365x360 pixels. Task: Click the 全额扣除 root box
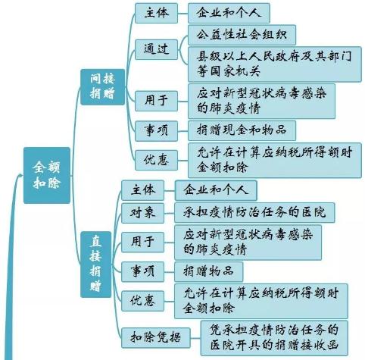(47, 175)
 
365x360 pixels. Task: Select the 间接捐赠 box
(102, 86)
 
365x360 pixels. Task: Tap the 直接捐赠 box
(95, 265)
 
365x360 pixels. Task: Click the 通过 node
(156, 49)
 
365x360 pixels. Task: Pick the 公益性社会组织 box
(242, 35)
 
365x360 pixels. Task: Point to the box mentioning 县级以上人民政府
(275, 64)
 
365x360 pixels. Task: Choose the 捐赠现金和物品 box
(242, 130)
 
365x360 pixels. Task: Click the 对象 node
(142, 213)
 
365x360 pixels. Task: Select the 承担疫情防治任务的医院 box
(254, 212)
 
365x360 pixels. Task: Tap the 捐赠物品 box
(208, 271)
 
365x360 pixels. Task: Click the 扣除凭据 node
(155, 337)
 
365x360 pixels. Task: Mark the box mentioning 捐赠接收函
(274, 338)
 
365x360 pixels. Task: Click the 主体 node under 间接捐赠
(156, 13)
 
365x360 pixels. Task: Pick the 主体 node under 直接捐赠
(142, 190)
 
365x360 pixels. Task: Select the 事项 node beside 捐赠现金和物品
(156, 130)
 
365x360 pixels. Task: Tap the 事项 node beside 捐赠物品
(142, 271)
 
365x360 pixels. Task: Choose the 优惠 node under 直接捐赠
(142, 301)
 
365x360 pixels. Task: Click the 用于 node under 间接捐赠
(156, 101)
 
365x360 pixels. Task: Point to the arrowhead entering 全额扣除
(19, 175)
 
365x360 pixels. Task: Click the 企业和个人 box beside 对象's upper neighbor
(216, 190)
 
